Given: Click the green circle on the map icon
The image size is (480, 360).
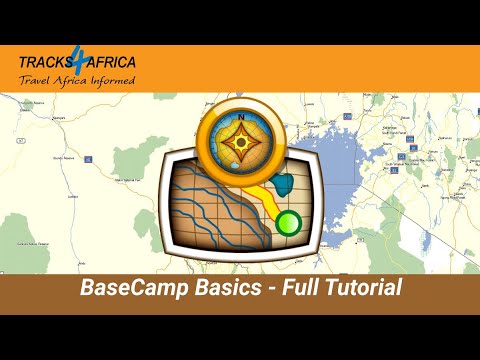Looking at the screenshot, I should [289, 221].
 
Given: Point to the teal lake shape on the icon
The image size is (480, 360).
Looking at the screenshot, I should [283, 184].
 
